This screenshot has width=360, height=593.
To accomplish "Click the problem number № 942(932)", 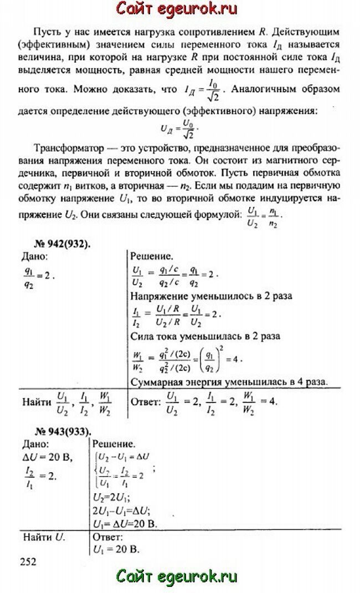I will point(55,244).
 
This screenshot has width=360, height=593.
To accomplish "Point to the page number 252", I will point(28,561).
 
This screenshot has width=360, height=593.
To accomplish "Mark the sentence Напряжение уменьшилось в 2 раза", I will point(211,296).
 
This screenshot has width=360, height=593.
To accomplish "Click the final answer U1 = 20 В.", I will point(116,549).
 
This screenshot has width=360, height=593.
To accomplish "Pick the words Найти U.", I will point(44,537).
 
